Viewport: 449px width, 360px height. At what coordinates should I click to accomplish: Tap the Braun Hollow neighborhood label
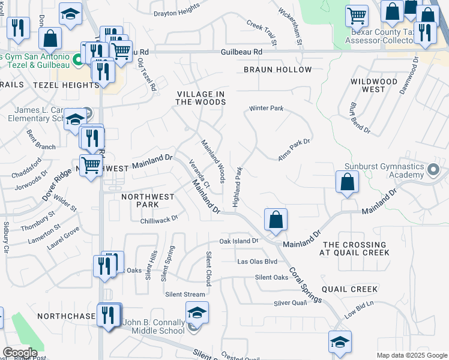278,70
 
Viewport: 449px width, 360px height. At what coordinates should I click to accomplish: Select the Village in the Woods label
201,98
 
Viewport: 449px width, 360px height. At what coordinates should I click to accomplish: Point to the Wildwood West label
374,85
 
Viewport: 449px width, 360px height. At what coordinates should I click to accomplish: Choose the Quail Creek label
350,289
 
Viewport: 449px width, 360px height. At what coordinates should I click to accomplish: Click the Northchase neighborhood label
66,316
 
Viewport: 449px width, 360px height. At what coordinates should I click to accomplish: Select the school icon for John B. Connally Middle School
196,313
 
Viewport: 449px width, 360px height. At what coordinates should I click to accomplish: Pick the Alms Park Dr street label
294,150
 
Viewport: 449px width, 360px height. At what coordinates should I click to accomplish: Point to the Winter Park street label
266,109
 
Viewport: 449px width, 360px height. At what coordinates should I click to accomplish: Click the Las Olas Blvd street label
258,262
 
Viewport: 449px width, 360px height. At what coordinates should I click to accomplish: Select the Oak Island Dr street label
238,241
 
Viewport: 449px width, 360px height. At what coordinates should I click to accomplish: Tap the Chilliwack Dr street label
159,220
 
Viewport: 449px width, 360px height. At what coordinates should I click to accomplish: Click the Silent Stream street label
185,294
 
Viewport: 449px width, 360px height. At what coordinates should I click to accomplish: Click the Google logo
20,353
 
